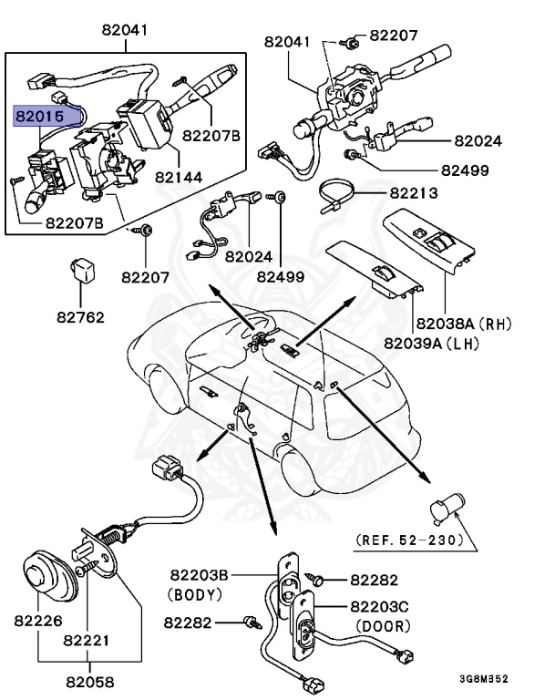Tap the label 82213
(414, 194)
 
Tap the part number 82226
(37, 621)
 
